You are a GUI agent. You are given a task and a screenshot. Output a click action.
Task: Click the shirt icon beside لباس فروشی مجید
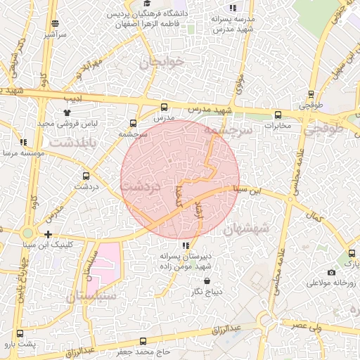[67, 112]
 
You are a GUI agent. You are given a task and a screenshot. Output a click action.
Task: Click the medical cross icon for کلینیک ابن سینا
[48, 234]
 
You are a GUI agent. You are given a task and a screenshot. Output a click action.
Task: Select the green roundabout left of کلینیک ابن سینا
[27, 233]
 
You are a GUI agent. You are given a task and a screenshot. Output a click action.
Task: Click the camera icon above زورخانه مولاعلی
[331, 272]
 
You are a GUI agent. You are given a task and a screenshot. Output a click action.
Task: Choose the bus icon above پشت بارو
[19, 334]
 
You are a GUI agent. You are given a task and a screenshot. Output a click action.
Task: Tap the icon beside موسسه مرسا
[23, 142]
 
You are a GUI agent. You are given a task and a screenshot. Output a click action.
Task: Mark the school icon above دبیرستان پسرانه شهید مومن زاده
[185, 245]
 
